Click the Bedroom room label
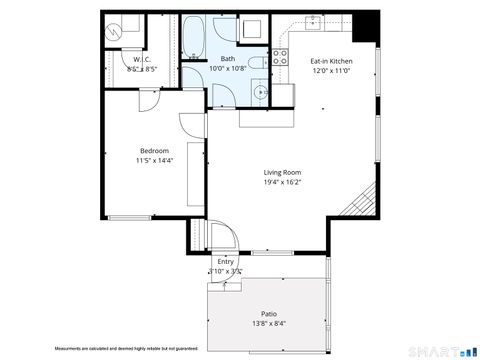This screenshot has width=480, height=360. [x=154, y=151]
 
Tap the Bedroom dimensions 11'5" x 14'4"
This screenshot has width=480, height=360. [x=154, y=161]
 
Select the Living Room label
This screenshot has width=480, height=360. [x=282, y=172]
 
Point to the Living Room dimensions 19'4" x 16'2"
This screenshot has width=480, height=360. [x=282, y=182]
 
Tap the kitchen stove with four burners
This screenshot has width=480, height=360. [x=281, y=56]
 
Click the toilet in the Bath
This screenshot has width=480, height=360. [x=256, y=63]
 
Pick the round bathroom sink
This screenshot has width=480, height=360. [x=262, y=93]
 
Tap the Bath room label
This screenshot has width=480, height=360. [x=228, y=59]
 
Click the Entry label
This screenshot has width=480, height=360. [x=225, y=261]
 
